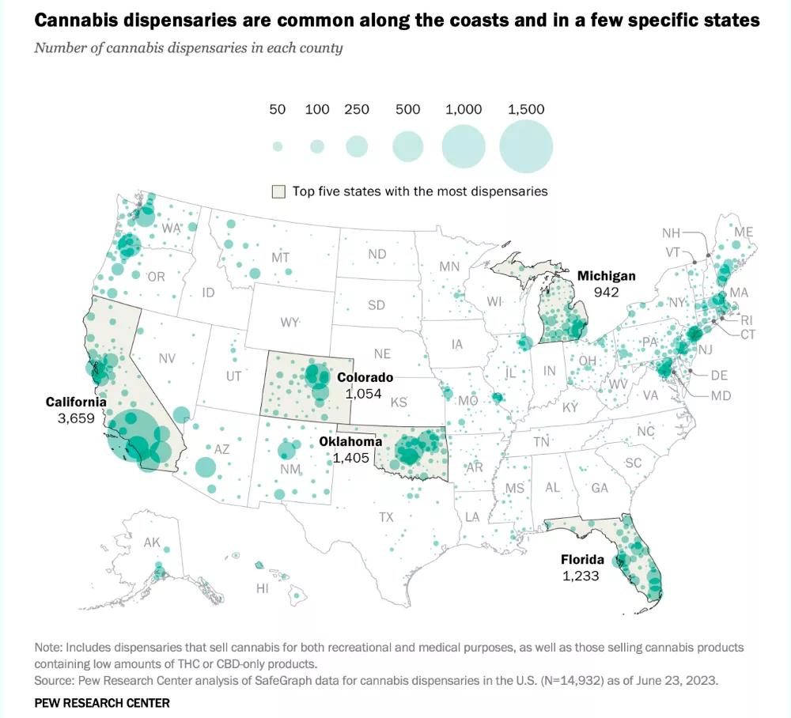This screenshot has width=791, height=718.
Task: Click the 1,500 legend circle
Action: point(526,147)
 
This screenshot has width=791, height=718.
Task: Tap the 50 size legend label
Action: point(277,110)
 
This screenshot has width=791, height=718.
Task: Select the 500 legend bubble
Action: point(408,146)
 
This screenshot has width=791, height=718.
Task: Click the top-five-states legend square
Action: point(278,191)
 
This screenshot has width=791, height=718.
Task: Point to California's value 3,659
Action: point(76,418)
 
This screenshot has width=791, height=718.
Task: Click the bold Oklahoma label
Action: point(350,441)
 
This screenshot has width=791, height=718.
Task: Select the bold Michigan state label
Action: point(606,276)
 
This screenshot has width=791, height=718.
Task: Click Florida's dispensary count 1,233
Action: point(581,576)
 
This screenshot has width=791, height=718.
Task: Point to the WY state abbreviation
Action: point(290,323)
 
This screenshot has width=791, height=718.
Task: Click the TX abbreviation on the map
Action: point(386,517)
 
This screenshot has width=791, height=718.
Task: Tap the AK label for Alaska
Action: point(152,543)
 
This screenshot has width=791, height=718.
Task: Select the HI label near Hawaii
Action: point(263,588)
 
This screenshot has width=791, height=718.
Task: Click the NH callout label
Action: point(672,232)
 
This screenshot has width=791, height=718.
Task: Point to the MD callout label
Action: point(721,395)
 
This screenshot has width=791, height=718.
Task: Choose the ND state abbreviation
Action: point(377,254)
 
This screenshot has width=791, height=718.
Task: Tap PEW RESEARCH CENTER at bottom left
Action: point(102,702)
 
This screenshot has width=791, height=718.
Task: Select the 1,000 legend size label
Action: point(464,110)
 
